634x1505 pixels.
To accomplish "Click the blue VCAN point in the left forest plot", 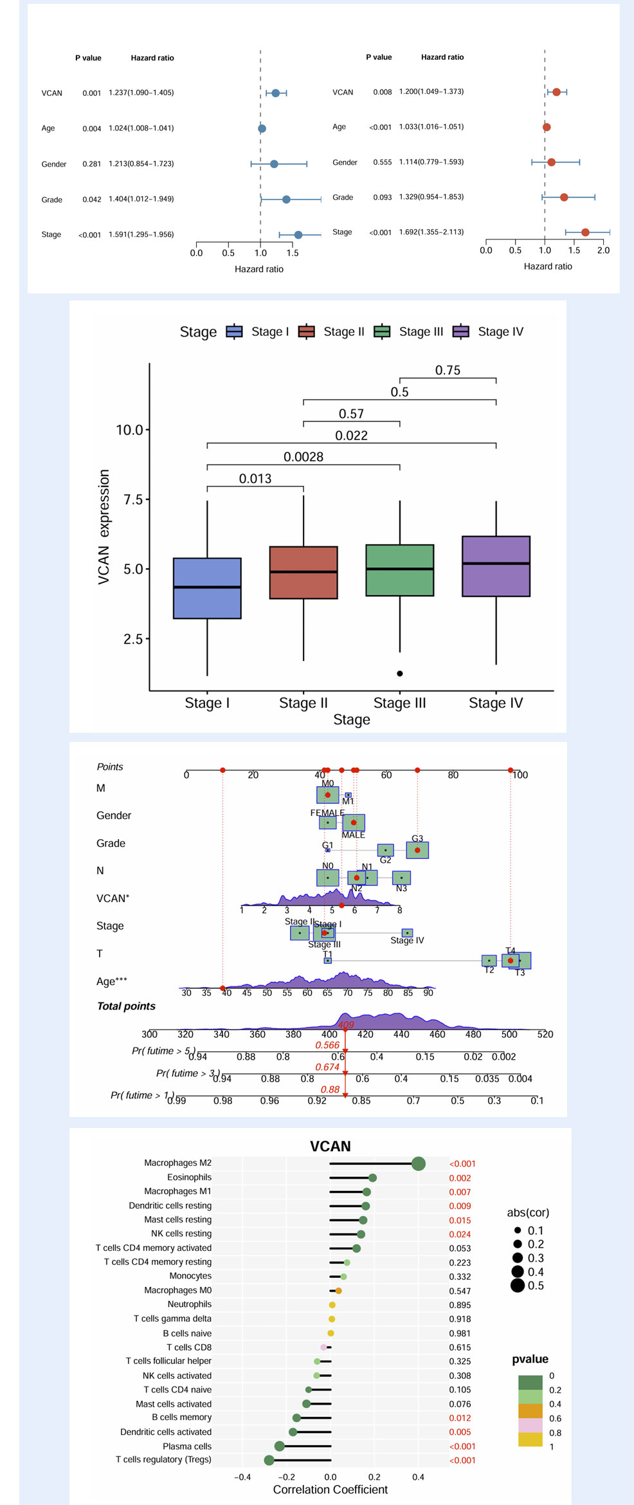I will click(x=275, y=93).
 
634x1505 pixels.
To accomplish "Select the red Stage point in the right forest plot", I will click(x=585, y=232).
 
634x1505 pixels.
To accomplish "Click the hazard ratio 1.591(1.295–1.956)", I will click(x=141, y=235).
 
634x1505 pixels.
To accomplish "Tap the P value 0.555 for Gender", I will click(x=382, y=162).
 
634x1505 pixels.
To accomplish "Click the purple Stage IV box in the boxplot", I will click(x=496, y=566).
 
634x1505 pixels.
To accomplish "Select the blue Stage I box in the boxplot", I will click(x=207, y=588).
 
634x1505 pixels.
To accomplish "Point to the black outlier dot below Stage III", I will click(x=400, y=674).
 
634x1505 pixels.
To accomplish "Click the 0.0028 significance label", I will click(x=303, y=457).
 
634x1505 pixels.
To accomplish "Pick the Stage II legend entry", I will click(x=332, y=332).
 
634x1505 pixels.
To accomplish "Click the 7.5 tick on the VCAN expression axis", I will click(x=133, y=499).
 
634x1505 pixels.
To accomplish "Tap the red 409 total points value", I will click(x=346, y=1024).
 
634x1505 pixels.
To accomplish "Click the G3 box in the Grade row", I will click(x=417, y=850).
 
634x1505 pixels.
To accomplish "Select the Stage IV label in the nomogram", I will click(x=407, y=940).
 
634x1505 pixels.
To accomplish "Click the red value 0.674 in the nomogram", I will click(x=327, y=1067).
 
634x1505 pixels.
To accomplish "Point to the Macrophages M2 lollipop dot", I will click(x=418, y=1163).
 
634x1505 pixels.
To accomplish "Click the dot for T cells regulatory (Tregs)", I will click(x=269, y=1460).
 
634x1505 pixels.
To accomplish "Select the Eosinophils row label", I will click(x=189, y=1177).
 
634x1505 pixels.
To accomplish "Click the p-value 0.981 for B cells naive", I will click(x=460, y=1333).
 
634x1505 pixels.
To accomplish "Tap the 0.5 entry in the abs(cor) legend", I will click(x=528, y=1286).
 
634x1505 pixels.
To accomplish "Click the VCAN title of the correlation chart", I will click(x=331, y=1146).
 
